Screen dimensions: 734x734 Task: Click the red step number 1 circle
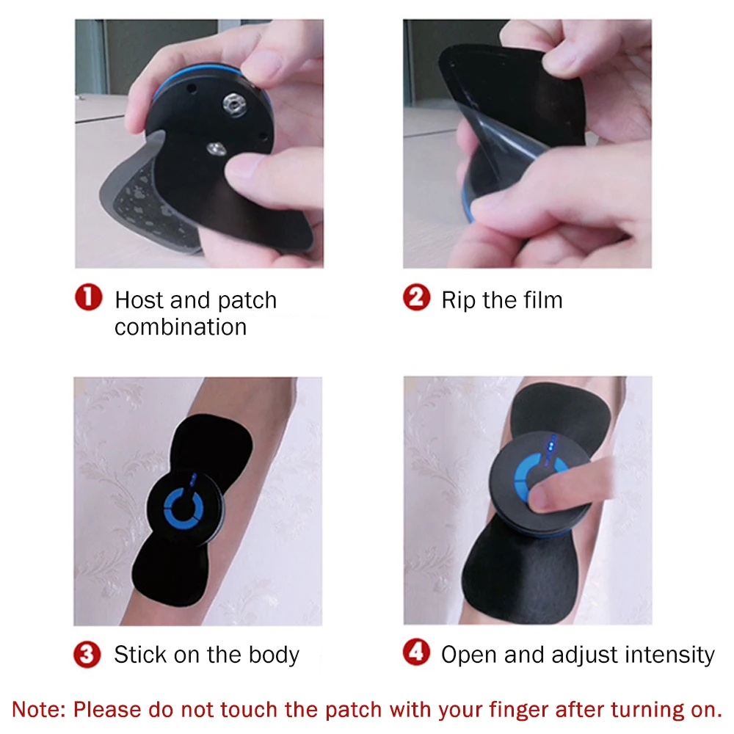pyautogui.click(x=88, y=299)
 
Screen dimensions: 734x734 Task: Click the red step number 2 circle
pyautogui.click(x=416, y=299)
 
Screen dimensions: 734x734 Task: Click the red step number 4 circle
pyautogui.click(x=416, y=653)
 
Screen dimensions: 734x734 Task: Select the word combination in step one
pyautogui.click(x=181, y=327)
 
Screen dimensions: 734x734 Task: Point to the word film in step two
pyautogui.click(x=539, y=300)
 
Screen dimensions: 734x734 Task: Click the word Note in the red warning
pyautogui.click(x=38, y=710)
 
